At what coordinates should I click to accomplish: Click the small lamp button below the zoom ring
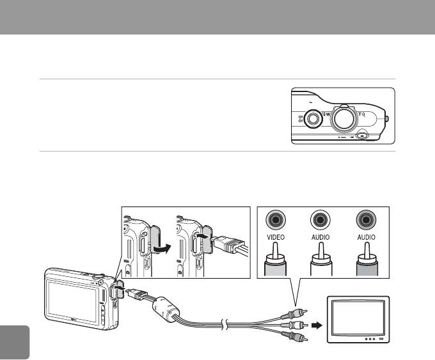(363, 136)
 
